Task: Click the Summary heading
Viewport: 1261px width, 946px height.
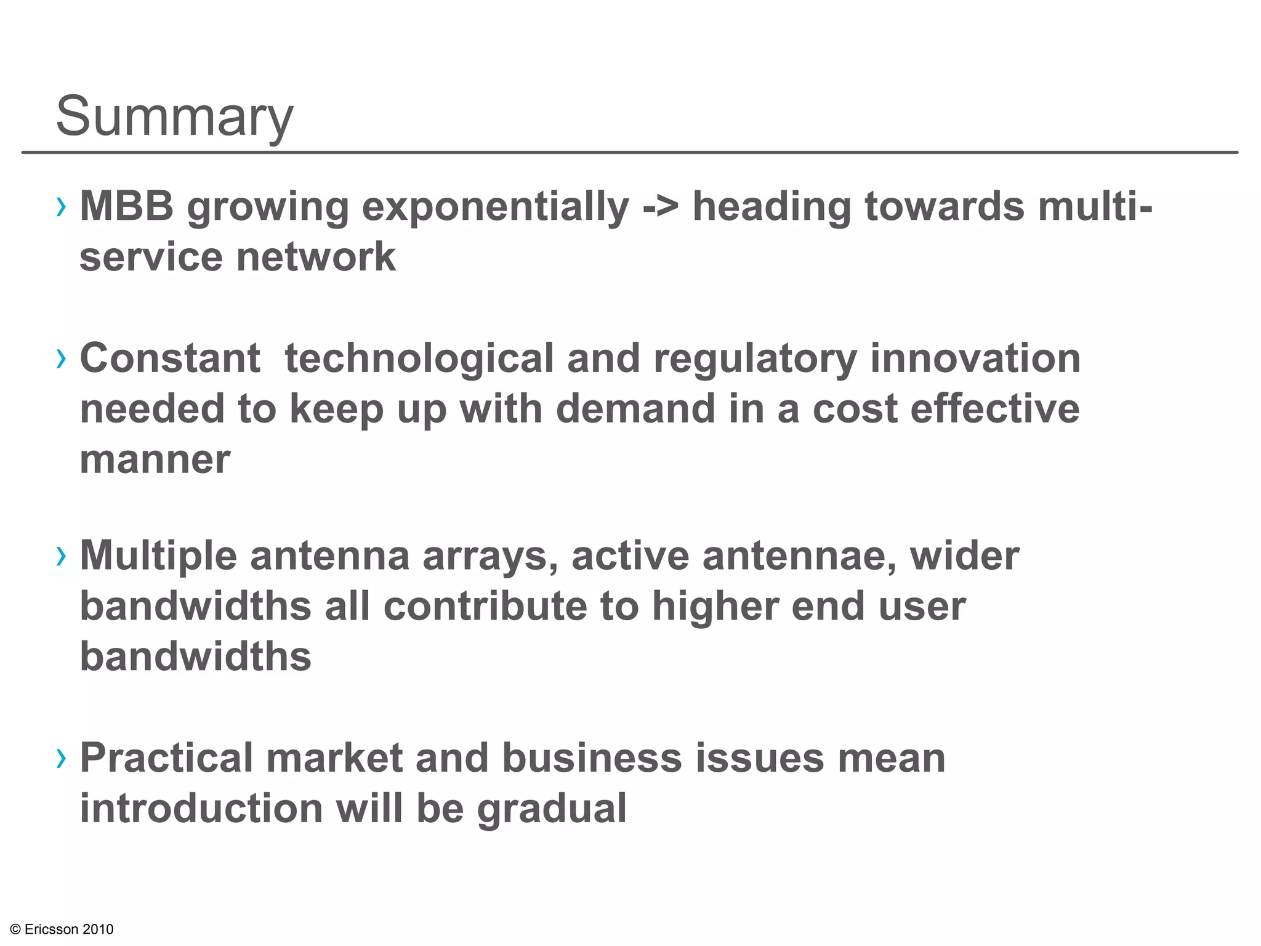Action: click(175, 117)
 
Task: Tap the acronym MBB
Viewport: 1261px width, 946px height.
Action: click(127, 206)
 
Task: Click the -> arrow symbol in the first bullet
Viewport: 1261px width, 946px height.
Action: click(660, 207)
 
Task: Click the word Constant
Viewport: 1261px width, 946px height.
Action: click(170, 358)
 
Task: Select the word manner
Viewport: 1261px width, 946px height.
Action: click(155, 460)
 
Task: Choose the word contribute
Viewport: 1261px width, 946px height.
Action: click(485, 607)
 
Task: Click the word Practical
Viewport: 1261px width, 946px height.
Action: click(166, 758)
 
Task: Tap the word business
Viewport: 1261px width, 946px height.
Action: click(592, 758)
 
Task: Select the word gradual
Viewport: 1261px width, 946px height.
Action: click(552, 810)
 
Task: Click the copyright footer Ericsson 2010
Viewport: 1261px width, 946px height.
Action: click(62, 929)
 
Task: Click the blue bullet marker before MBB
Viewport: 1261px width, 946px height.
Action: click(60, 208)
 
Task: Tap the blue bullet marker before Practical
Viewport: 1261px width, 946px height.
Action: click(60, 759)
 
